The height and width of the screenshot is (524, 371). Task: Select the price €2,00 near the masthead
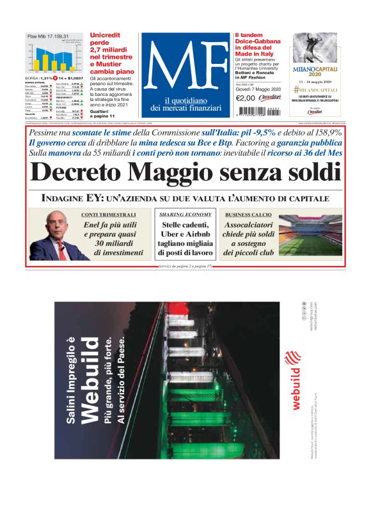(246, 98)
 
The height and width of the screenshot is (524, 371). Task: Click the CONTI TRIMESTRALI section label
(109, 214)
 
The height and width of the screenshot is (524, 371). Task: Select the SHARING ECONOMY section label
(185, 214)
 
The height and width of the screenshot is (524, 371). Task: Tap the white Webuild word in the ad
(90, 377)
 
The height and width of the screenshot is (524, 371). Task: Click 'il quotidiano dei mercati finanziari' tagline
(185, 104)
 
